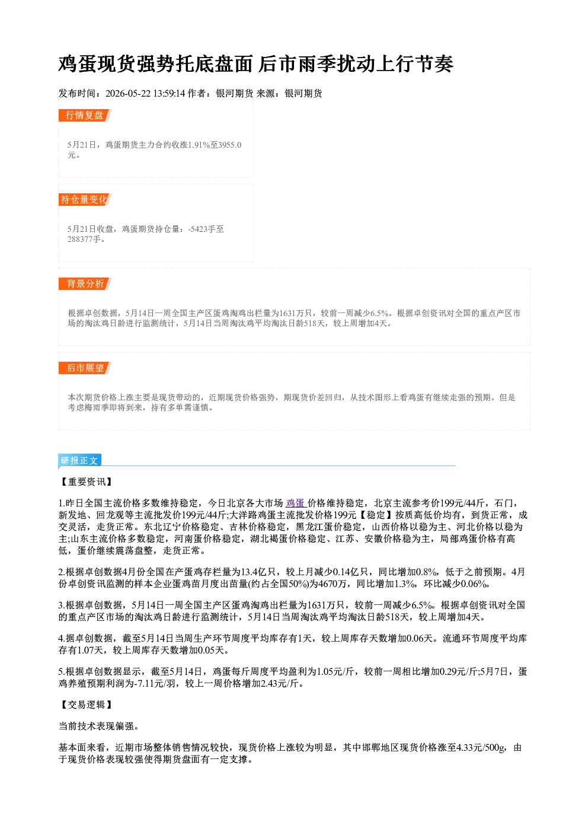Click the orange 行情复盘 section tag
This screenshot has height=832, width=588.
[85, 115]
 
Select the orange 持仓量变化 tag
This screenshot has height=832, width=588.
[85, 199]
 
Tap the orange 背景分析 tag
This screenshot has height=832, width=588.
[85, 284]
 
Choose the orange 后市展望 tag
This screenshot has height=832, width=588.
[85, 368]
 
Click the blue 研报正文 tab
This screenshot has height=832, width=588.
[79, 461]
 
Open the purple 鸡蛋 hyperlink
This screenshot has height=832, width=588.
[296, 503]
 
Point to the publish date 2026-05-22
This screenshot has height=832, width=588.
[128, 93]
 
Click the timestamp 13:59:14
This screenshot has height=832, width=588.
[169, 93]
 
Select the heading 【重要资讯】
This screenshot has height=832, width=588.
[86, 482]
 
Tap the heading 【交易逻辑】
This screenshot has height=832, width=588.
[86, 705]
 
